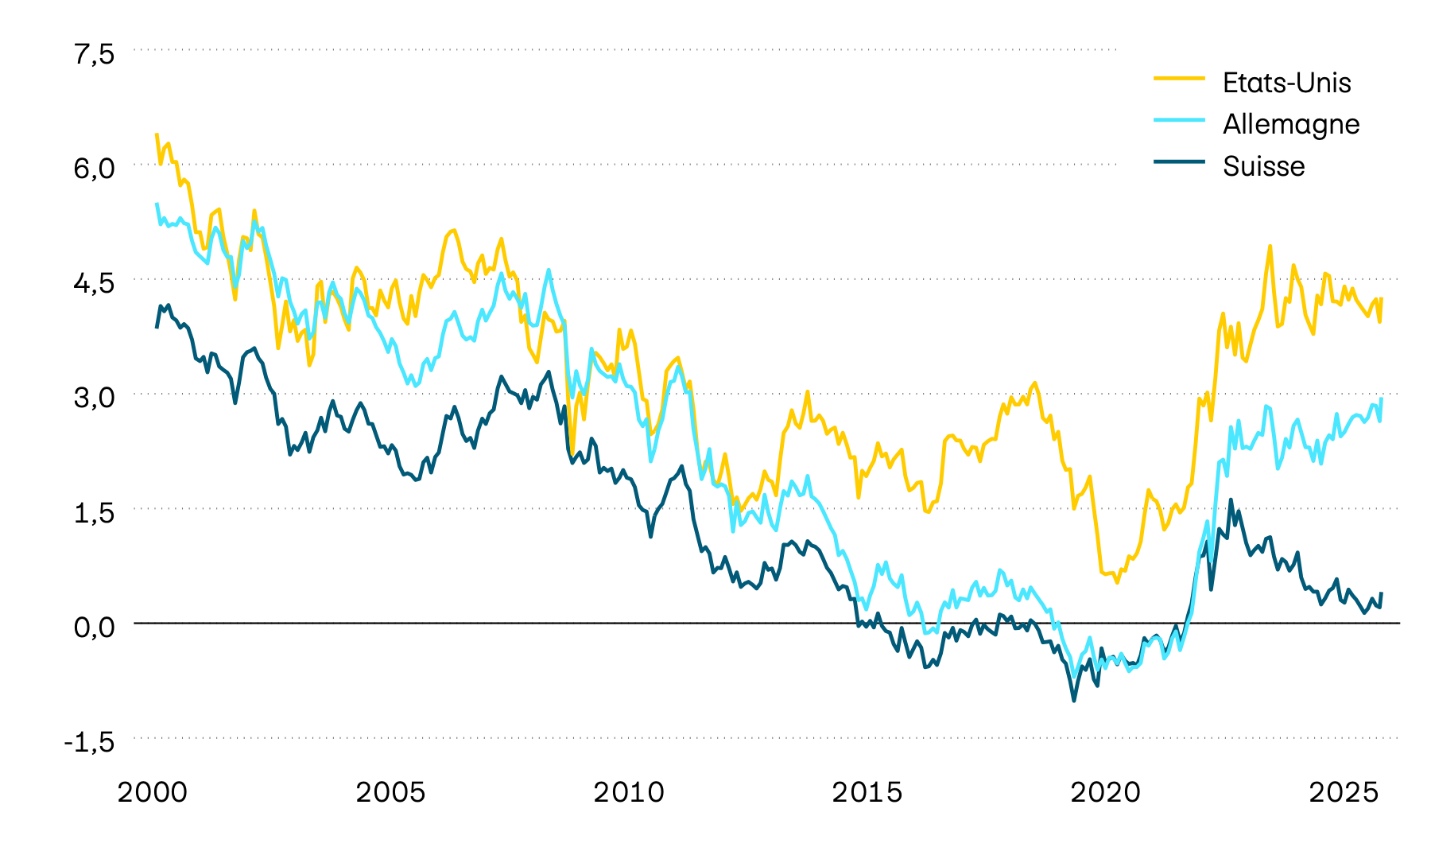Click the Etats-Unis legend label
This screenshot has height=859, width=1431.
(x=1286, y=83)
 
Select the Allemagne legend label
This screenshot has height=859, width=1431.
(x=1291, y=124)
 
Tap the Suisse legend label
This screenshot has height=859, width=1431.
(x=1263, y=166)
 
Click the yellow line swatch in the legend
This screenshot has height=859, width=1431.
(x=1180, y=78)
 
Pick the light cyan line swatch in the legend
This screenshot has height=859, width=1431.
(x=1180, y=119)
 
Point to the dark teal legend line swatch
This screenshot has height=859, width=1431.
(x=1180, y=161)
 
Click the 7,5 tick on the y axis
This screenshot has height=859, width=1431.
(x=95, y=54)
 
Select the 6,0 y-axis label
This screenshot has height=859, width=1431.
(x=95, y=169)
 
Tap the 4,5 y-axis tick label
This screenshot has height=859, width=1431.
(x=95, y=283)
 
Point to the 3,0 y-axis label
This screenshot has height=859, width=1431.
(x=95, y=398)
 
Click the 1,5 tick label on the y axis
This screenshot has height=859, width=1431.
(x=95, y=513)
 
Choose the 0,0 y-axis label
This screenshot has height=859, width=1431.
(x=95, y=628)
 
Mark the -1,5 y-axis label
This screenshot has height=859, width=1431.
(x=89, y=742)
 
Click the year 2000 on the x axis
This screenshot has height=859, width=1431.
(x=152, y=793)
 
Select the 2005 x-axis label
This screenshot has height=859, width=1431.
(x=390, y=793)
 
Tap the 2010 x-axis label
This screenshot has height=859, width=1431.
(x=629, y=793)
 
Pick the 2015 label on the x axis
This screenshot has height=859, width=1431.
(x=867, y=793)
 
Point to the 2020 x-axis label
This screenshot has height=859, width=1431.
(x=1105, y=793)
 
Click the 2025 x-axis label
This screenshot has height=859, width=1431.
(x=1344, y=793)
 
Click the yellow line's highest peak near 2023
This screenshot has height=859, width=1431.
(x=1270, y=247)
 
